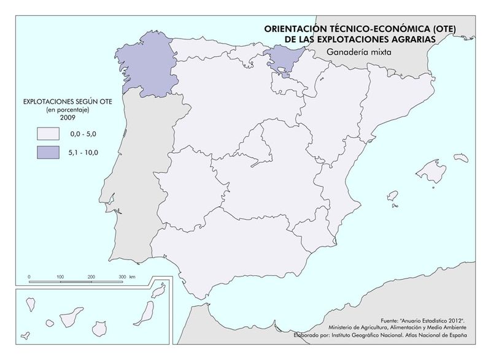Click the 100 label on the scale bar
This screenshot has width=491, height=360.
pyautogui.click(x=60, y=277)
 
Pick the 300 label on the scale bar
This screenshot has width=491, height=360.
pyautogui.click(x=122, y=277)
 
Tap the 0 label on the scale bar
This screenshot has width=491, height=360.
pyautogui.click(x=29, y=277)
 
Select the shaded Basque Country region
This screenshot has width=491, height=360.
pyautogui.click(x=280, y=59)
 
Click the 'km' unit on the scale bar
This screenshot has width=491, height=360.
pyautogui.click(x=133, y=277)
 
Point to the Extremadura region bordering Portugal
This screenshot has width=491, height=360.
pyautogui.click(x=184, y=190)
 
